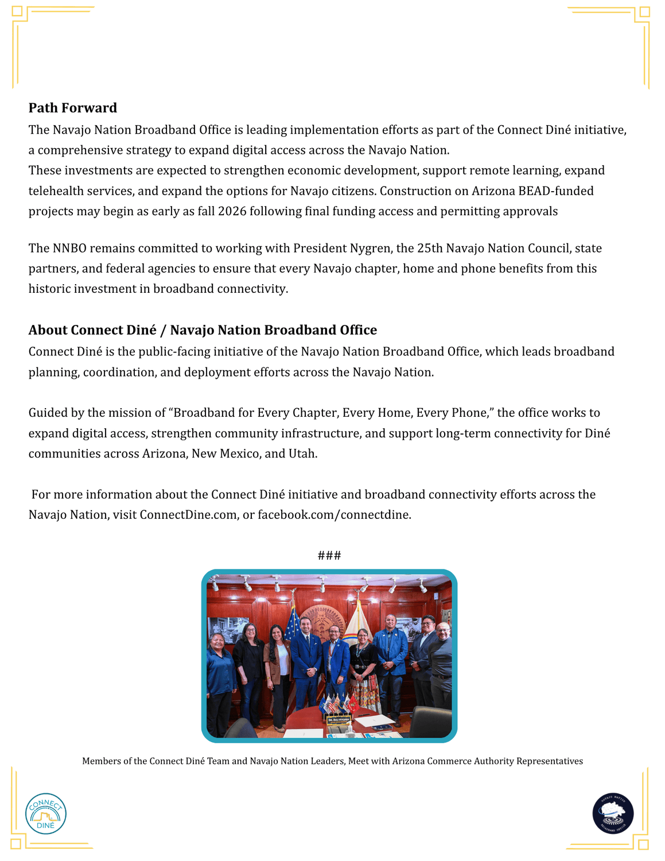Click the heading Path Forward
pos(73,108)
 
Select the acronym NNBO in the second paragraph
pos(69,249)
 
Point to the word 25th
pos(429,249)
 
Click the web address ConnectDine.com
pos(188,515)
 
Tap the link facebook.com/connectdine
pos(334,515)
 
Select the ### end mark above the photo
pos(329,555)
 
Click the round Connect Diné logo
pos(46,813)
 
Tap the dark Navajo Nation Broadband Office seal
pos(613,813)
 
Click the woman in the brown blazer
pos(277,669)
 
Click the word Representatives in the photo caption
pos(549,761)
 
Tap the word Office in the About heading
pos(357,330)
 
